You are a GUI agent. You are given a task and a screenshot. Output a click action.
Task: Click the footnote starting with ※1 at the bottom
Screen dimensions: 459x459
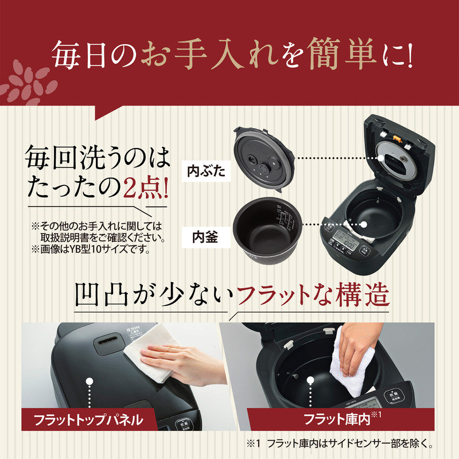point(339,444)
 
